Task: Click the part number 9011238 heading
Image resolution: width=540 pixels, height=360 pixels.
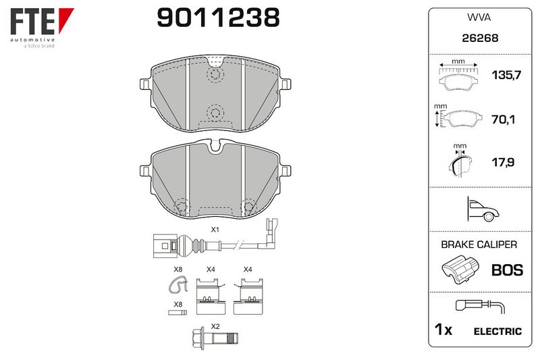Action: pos(218,18)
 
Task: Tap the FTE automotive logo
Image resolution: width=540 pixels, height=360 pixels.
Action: pos(42,28)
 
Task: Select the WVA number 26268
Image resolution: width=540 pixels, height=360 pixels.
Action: pos(480,38)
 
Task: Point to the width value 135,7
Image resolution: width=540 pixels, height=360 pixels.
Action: pos(506,75)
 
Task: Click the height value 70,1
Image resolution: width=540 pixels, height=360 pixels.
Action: pos(503,120)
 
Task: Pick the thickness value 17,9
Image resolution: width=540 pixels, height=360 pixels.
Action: pos(503,162)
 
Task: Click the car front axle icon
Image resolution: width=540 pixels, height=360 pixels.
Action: pos(482,209)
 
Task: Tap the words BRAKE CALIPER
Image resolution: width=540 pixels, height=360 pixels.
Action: pos(479,245)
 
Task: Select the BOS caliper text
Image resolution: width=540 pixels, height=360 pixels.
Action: pos(508,270)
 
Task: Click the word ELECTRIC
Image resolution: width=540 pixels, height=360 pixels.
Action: pos(497,332)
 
